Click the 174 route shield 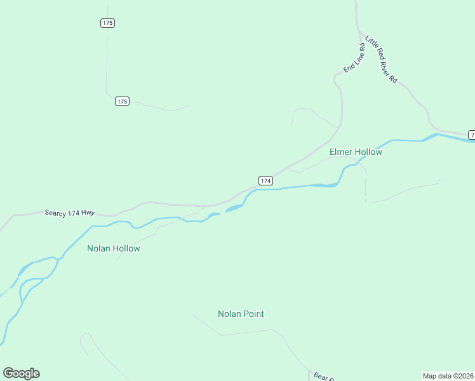[x=265, y=181]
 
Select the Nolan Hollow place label [x=113, y=248]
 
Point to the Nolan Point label [x=241, y=314]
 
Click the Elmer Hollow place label [x=356, y=152]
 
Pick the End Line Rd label [x=354, y=58]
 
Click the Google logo [x=21, y=373]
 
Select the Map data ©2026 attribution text [x=448, y=376]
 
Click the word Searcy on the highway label [x=56, y=212]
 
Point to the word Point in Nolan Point [x=252, y=314]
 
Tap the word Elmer [x=341, y=152]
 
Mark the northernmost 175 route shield [x=107, y=23]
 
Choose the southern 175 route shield [x=123, y=102]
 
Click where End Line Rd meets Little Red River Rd [x=360, y=34]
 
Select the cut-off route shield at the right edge [x=472, y=134]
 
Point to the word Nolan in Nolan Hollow [x=99, y=248]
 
